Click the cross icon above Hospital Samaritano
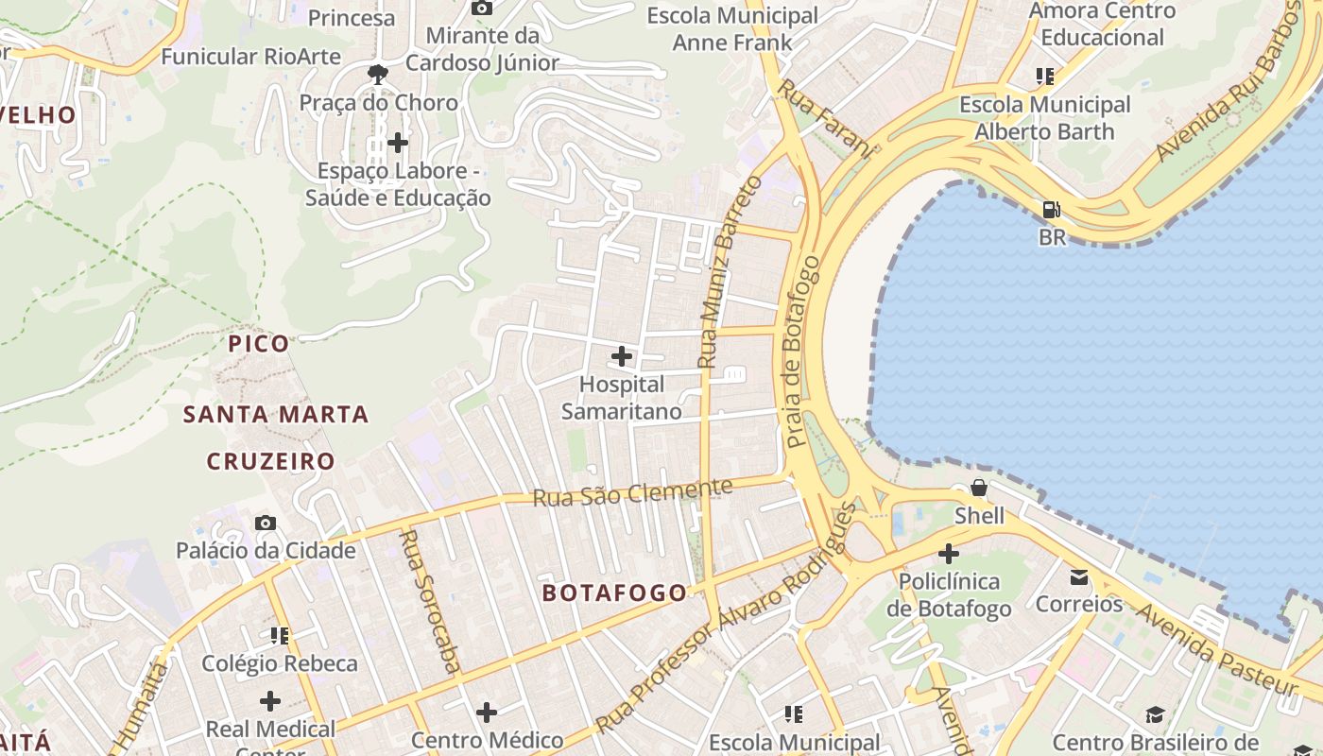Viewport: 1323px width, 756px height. coord(622,356)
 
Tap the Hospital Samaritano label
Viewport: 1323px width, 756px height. coord(622,398)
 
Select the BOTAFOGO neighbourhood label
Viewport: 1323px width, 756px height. coord(614,593)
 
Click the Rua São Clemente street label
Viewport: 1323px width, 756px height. coord(632,492)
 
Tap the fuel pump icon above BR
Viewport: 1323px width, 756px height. coord(1050,210)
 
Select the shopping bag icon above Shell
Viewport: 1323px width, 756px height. coord(979,489)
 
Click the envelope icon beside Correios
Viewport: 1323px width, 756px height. coord(1079,576)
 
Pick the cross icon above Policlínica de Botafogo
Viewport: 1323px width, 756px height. coord(949,554)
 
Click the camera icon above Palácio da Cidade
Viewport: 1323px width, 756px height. coord(266,523)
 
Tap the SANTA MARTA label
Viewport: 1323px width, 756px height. coord(276,414)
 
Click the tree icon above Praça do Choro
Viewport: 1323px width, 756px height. coord(378,74)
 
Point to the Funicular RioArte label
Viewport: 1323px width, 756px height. coord(250,57)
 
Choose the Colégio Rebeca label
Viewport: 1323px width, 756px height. coord(280,663)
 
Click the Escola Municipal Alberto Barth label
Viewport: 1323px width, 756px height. coord(1044,118)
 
